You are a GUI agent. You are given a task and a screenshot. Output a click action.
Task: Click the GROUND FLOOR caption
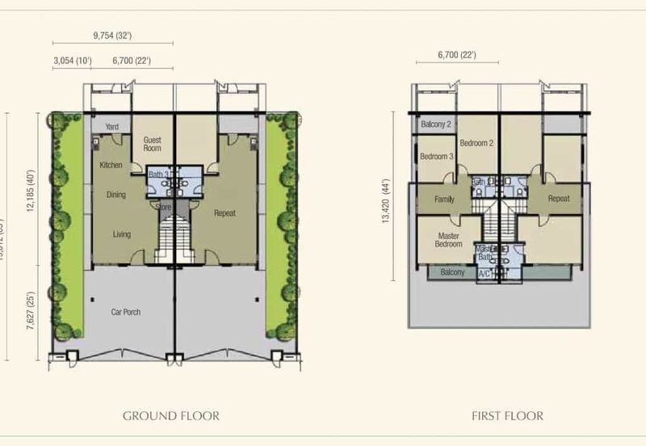[171, 416]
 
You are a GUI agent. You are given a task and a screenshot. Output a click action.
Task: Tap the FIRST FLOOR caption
[507, 416]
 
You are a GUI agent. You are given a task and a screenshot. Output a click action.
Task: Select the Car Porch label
[127, 311]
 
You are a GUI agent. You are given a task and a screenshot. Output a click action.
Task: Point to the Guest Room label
[152, 144]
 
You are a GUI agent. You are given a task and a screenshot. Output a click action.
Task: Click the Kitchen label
[111, 165]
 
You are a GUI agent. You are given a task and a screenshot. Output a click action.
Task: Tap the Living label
[121, 234]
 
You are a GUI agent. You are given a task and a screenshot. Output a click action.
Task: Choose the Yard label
[112, 127]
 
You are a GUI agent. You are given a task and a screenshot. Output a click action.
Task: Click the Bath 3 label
[158, 174]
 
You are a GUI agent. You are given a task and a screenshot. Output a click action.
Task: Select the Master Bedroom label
[448, 240]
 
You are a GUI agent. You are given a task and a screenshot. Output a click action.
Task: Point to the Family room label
[444, 200]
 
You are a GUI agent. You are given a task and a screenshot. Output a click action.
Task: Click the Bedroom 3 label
[436, 157]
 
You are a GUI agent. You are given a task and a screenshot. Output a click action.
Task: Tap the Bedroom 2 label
[476, 143]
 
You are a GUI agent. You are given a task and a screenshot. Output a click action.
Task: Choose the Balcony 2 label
[436, 124]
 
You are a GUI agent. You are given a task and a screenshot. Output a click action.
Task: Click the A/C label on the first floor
[484, 274]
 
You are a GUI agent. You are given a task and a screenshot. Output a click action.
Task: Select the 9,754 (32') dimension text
[112, 35]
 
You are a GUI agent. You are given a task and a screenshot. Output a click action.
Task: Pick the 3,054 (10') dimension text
[72, 61]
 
